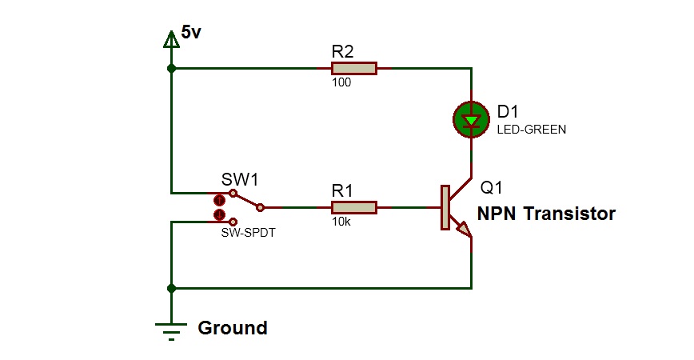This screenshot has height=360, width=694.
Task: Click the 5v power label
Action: click(x=193, y=33)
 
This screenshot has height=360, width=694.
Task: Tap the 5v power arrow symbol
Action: click(x=170, y=38)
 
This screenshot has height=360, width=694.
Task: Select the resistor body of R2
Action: click(x=353, y=69)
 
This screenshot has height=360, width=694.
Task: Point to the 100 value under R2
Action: click(x=341, y=83)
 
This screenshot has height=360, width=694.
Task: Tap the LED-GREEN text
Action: click(x=531, y=129)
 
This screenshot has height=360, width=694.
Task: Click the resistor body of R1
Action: click(x=353, y=208)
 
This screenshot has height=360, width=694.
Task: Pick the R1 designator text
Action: click(x=342, y=190)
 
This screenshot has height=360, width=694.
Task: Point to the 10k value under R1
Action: click(x=340, y=222)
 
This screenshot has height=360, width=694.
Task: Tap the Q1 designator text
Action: click(x=491, y=189)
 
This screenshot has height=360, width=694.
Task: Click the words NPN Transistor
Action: click(x=546, y=214)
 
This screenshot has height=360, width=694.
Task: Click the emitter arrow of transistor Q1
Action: click(x=464, y=231)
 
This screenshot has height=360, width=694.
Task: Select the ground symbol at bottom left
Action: click(x=170, y=328)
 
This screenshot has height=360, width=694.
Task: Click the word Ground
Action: click(x=232, y=328)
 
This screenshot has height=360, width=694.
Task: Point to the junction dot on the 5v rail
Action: click(x=170, y=69)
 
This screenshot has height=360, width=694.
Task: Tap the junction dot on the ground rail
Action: click(x=170, y=288)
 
